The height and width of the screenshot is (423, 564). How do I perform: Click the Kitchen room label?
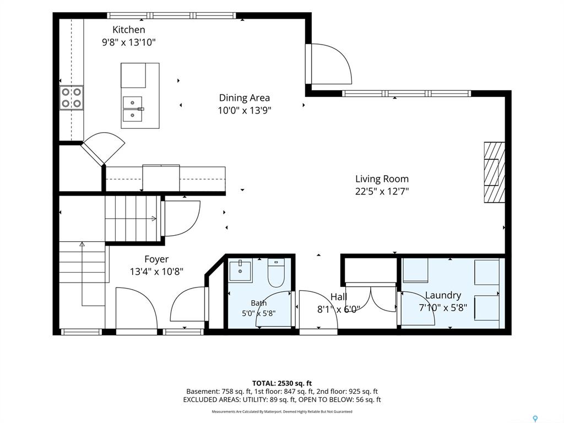click(x=129, y=30)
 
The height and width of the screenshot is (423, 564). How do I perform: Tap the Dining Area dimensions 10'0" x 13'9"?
click(x=245, y=110)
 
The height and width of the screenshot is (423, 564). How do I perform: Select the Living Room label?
click(x=382, y=179)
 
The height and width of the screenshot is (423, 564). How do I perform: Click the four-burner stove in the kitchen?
click(x=71, y=98)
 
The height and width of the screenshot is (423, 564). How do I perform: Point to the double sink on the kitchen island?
click(x=132, y=110)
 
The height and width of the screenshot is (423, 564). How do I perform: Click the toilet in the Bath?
click(x=276, y=273)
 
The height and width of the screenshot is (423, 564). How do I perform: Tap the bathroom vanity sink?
click(x=241, y=271)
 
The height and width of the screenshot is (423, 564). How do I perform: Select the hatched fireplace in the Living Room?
click(x=494, y=172)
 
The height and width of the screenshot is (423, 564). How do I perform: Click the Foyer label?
click(x=156, y=259)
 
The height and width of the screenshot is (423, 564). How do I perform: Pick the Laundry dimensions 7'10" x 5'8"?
click(x=443, y=307)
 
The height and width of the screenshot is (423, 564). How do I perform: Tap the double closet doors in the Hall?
click(x=371, y=299)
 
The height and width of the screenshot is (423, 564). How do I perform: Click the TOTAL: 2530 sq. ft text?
click(x=282, y=383)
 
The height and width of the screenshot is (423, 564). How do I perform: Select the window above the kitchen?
click(x=172, y=15)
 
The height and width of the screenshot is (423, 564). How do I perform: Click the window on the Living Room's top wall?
click(x=406, y=94)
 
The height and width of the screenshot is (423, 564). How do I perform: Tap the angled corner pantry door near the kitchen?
click(x=103, y=148)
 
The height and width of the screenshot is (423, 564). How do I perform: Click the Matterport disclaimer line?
click(x=282, y=411)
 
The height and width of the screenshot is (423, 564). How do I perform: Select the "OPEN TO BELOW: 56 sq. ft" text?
click(x=339, y=400)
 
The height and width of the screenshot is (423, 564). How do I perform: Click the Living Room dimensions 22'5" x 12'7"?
click(x=382, y=191)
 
